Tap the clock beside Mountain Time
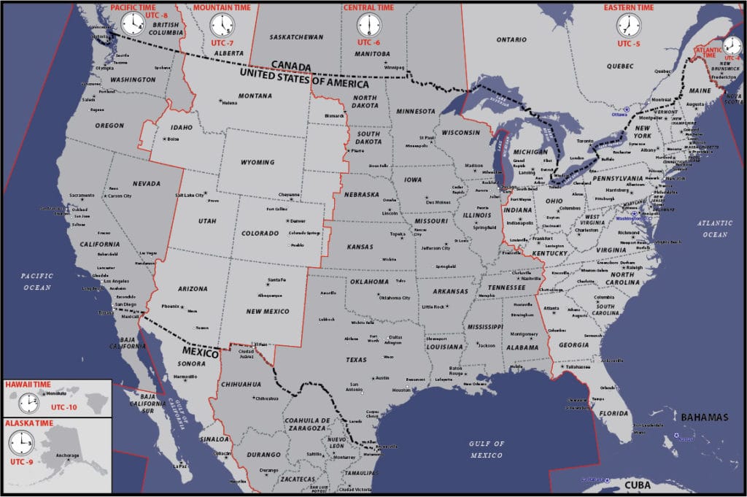tap(221, 26)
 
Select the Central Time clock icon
tap(368, 26)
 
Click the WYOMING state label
tap(258, 162)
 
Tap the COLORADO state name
tap(259, 234)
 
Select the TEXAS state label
tap(356, 360)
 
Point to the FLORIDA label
tap(614, 413)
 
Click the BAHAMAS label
tap(705, 417)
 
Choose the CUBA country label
tap(627, 485)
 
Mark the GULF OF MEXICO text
tap(487, 450)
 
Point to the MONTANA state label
tap(255, 96)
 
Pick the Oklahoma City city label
tap(395, 298)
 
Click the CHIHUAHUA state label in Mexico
tap(241, 384)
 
